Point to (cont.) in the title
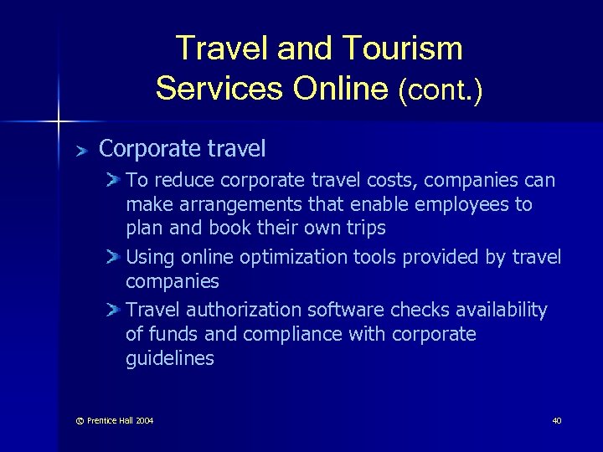(x=441, y=89)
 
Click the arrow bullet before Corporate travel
(x=81, y=151)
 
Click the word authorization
(x=245, y=311)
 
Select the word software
(x=342, y=311)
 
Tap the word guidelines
(x=170, y=359)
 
